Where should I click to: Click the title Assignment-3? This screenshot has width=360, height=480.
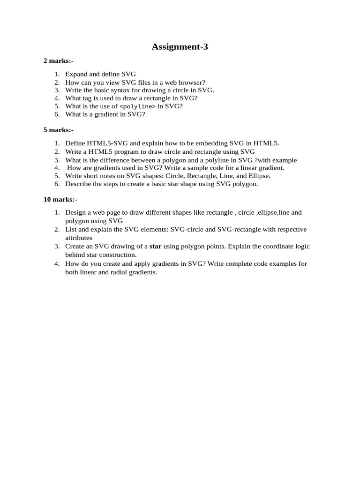click(180, 46)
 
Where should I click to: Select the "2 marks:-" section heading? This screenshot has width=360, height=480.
click(58, 61)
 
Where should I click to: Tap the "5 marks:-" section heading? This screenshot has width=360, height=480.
click(58, 130)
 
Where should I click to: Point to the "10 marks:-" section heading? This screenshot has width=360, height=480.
click(60, 199)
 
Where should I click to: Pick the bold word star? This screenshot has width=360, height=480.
click(155, 247)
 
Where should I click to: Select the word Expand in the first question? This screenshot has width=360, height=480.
click(75, 74)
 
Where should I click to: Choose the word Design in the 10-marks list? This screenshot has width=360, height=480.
click(75, 212)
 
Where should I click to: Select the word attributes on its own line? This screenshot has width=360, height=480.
click(79, 238)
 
